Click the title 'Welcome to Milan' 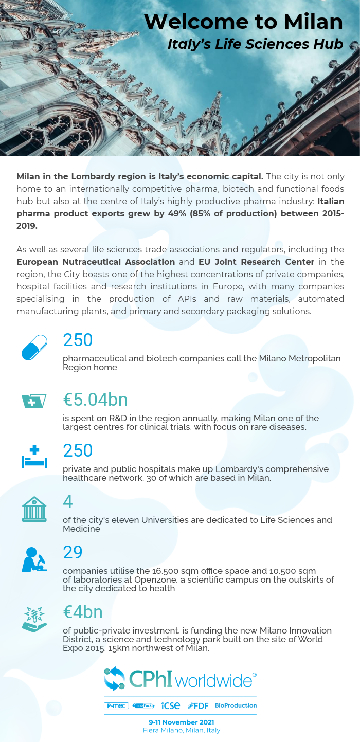(x=243, y=22)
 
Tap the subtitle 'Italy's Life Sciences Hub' (x=255, y=44)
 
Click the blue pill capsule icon (x=34, y=347)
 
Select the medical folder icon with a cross (x=34, y=401)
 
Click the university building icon (x=34, y=509)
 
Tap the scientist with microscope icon (x=34, y=559)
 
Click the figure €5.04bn (x=95, y=400)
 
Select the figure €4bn (x=83, y=612)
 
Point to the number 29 (x=73, y=552)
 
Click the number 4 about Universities (x=68, y=501)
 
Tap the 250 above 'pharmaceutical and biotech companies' (x=78, y=340)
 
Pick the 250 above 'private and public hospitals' (x=78, y=450)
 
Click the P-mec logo (x=116, y=705)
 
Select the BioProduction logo (x=236, y=705)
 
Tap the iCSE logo (x=171, y=705)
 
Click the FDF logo (x=198, y=705)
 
